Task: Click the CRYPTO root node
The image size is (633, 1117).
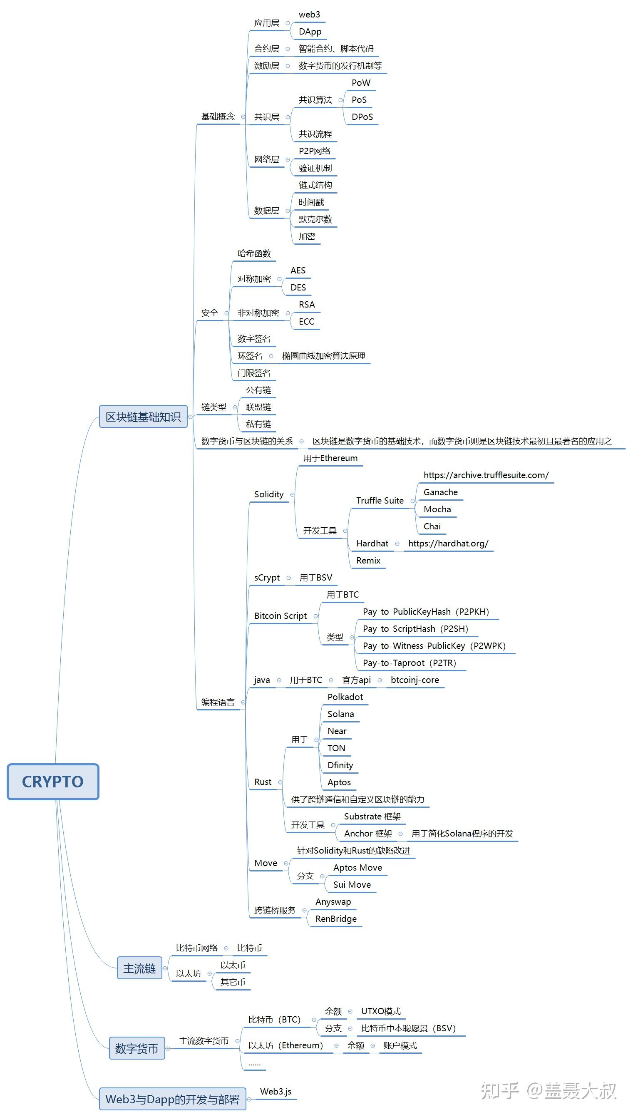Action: (x=53, y=782)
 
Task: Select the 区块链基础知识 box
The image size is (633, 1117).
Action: (x=143, y=417)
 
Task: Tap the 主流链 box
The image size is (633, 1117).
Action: (x=139, y=968)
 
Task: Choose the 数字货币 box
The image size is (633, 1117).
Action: (x=137, y=1048)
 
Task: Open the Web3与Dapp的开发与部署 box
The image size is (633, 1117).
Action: (x=172, y=1099)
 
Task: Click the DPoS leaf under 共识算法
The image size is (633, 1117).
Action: (x=362, y=117)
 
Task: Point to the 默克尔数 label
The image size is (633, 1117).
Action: (x=315, y=219)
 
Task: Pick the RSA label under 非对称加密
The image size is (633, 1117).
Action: (x=306, y=305)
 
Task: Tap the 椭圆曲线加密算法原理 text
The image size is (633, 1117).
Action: (x=323, y=356)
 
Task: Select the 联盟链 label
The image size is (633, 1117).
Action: (x=258, y=407)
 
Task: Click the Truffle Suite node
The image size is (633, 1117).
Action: (x=380, y=501)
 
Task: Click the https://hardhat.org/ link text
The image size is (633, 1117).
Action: (x=448, y=544)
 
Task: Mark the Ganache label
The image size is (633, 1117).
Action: (x=440, y=492)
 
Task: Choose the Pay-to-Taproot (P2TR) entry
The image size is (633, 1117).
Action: (x=409, y=663)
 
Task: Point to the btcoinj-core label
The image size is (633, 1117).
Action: (x=415, y=680)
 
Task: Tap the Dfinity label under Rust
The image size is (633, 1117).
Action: (x=340, y=765)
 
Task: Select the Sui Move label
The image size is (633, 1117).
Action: (x=352, y=885)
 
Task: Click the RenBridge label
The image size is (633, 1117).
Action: (x=335, y=919)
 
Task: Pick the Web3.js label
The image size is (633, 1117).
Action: (x=276, y=1091)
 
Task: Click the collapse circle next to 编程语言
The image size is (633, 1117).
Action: (x=243, y=702)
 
